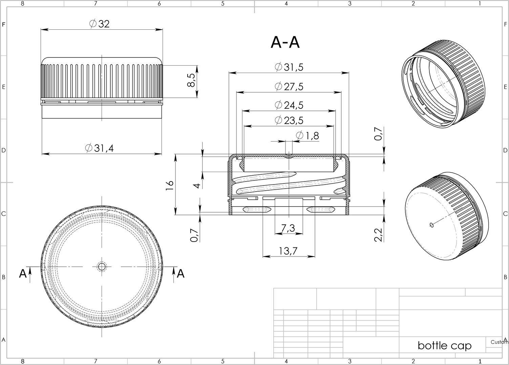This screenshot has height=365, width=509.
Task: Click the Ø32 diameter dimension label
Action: coord(100,24)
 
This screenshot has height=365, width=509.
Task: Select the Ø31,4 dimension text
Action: coord(99,148)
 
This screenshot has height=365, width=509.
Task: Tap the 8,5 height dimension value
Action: coord(191,80)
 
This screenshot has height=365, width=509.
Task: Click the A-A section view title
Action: coord(285,42)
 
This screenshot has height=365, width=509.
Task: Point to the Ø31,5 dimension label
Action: coord(289,67)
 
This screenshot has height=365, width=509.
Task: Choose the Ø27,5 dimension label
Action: coord(289,87)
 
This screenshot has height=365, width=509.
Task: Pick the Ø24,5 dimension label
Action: coord(289,105)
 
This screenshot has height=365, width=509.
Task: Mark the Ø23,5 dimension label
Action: coord(289,120)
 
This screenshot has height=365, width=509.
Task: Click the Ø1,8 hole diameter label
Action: coord(308,136)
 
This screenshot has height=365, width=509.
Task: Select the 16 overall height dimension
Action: coord(170,185)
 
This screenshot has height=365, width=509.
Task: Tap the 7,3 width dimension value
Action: coord(288,228)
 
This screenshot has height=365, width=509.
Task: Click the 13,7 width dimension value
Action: coord(288,251)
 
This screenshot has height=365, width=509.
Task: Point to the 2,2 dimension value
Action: coord(378,235)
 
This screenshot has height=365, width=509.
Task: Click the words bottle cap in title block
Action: coord(445,345)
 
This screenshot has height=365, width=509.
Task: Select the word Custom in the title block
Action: coord(499,342)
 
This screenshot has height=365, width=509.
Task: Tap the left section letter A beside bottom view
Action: coord(23,273)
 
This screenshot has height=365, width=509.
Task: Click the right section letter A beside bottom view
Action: coord(181,273)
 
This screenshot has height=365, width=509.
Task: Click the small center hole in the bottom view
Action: coord(102,267)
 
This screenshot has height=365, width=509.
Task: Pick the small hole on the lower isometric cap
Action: coord(432,225)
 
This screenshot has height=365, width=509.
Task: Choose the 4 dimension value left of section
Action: coord(197,186)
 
